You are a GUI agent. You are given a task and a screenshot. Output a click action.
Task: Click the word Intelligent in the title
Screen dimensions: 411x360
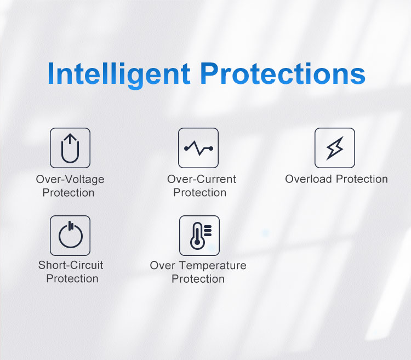[119, 74]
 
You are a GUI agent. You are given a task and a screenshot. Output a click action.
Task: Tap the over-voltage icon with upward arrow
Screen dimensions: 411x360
[70, 148]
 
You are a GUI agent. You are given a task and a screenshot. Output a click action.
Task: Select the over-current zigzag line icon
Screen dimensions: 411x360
[198, 148]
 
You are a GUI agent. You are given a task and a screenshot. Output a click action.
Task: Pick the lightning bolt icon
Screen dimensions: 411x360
[335, 148]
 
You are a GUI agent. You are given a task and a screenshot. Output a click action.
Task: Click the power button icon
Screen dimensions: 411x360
[70, 236]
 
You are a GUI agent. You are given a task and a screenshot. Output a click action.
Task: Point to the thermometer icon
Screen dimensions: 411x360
[199, 236]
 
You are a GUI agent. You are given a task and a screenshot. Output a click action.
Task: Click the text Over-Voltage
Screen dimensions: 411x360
[70, 180]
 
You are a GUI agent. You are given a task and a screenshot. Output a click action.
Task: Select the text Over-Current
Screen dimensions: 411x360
[202, 179]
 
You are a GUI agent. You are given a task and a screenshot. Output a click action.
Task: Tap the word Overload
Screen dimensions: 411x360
[309, 179]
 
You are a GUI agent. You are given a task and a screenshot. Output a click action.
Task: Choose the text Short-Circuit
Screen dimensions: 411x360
[71, 265]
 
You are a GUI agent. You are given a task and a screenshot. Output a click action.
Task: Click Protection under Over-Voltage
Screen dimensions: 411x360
[68, 193]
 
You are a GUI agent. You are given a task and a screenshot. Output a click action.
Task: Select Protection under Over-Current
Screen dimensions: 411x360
[199, 193]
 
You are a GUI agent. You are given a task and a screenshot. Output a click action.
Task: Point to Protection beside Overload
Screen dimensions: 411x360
[362, 179]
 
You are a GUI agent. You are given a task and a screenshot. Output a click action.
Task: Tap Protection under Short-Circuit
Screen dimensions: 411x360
[72, 278]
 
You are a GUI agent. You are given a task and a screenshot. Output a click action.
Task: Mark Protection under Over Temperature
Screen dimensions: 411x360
[198, 279]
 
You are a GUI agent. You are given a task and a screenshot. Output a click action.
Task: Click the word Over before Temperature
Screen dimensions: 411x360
[163, 265]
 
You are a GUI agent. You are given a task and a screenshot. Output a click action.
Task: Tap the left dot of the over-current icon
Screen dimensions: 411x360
[186, 148]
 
